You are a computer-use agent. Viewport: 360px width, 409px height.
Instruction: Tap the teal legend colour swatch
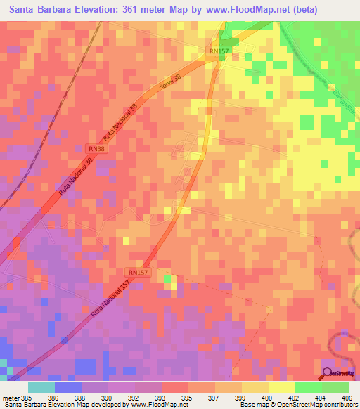point(41,387)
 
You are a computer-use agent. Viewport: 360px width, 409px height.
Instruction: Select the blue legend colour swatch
point(67,387)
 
